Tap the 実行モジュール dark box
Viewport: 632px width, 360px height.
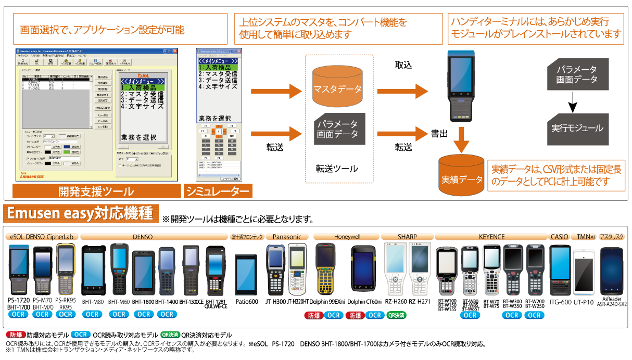click(x=577, y=127)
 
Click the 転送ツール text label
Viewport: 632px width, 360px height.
click(x=337, y=169)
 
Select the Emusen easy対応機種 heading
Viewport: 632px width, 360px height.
click(x=80, y=214)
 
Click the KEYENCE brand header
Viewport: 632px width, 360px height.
click(x=491, y=237)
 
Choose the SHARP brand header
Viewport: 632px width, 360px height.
click(x=407, y=237)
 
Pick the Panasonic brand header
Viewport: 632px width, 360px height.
click(x=287, y=237)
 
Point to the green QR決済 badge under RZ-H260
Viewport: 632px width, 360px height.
click(x=396, y=315)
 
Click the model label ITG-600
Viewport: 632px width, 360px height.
click(x=560, y=302)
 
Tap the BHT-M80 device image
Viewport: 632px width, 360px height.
click(x=93, y=271)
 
